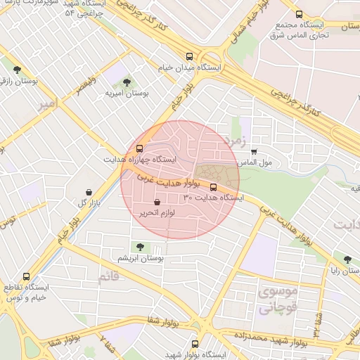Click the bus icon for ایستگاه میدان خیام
[188, 56]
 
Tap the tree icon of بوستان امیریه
[127, 82]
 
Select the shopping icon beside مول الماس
[254, 151]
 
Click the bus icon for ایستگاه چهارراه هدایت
[139, 149]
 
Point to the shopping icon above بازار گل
[89, 192]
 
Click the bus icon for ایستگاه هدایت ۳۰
[214, 187]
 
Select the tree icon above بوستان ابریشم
[140, 247]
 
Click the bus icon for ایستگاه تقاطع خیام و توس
[27, 276]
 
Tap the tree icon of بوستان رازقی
[17, 70]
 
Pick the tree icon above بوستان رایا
[345, 258]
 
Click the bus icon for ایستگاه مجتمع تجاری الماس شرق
[300, 14]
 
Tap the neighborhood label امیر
[46, 105]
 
